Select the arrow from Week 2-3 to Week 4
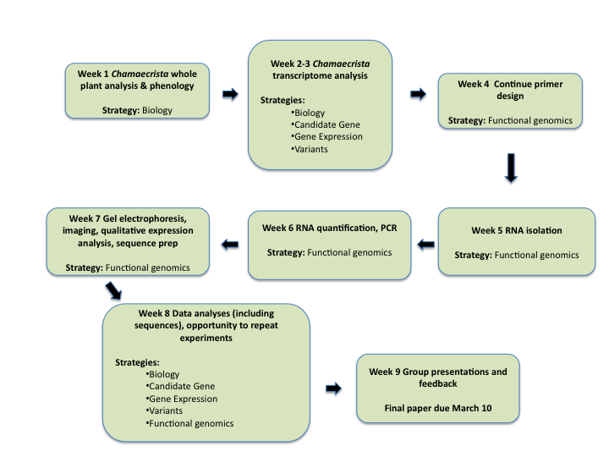pyautogui.click(x=418, y=94)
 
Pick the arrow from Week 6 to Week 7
pyautogui.click(x=229, y=245)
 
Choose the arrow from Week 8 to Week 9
pyautogui.click(x=333, y=388)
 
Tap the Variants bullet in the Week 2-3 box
pyautogui.click(x=310, y=148)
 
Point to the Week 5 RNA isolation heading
pyautogui.click(x=517, y=230)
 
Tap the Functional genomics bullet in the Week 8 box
pyautogui.click(x=189, y=422)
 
